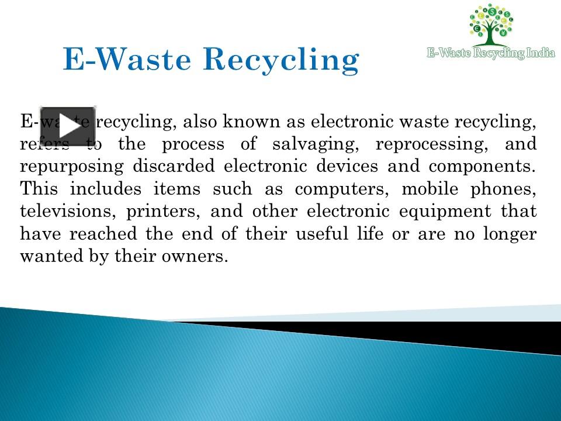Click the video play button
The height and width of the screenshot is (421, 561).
coord(67,126)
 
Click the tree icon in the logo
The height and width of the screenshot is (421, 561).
coord(491,25)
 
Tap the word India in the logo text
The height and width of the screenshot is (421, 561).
coord(541,53)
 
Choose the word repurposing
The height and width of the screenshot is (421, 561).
coord(72,166)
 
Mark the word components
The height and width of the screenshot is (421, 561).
coord(482,166)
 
